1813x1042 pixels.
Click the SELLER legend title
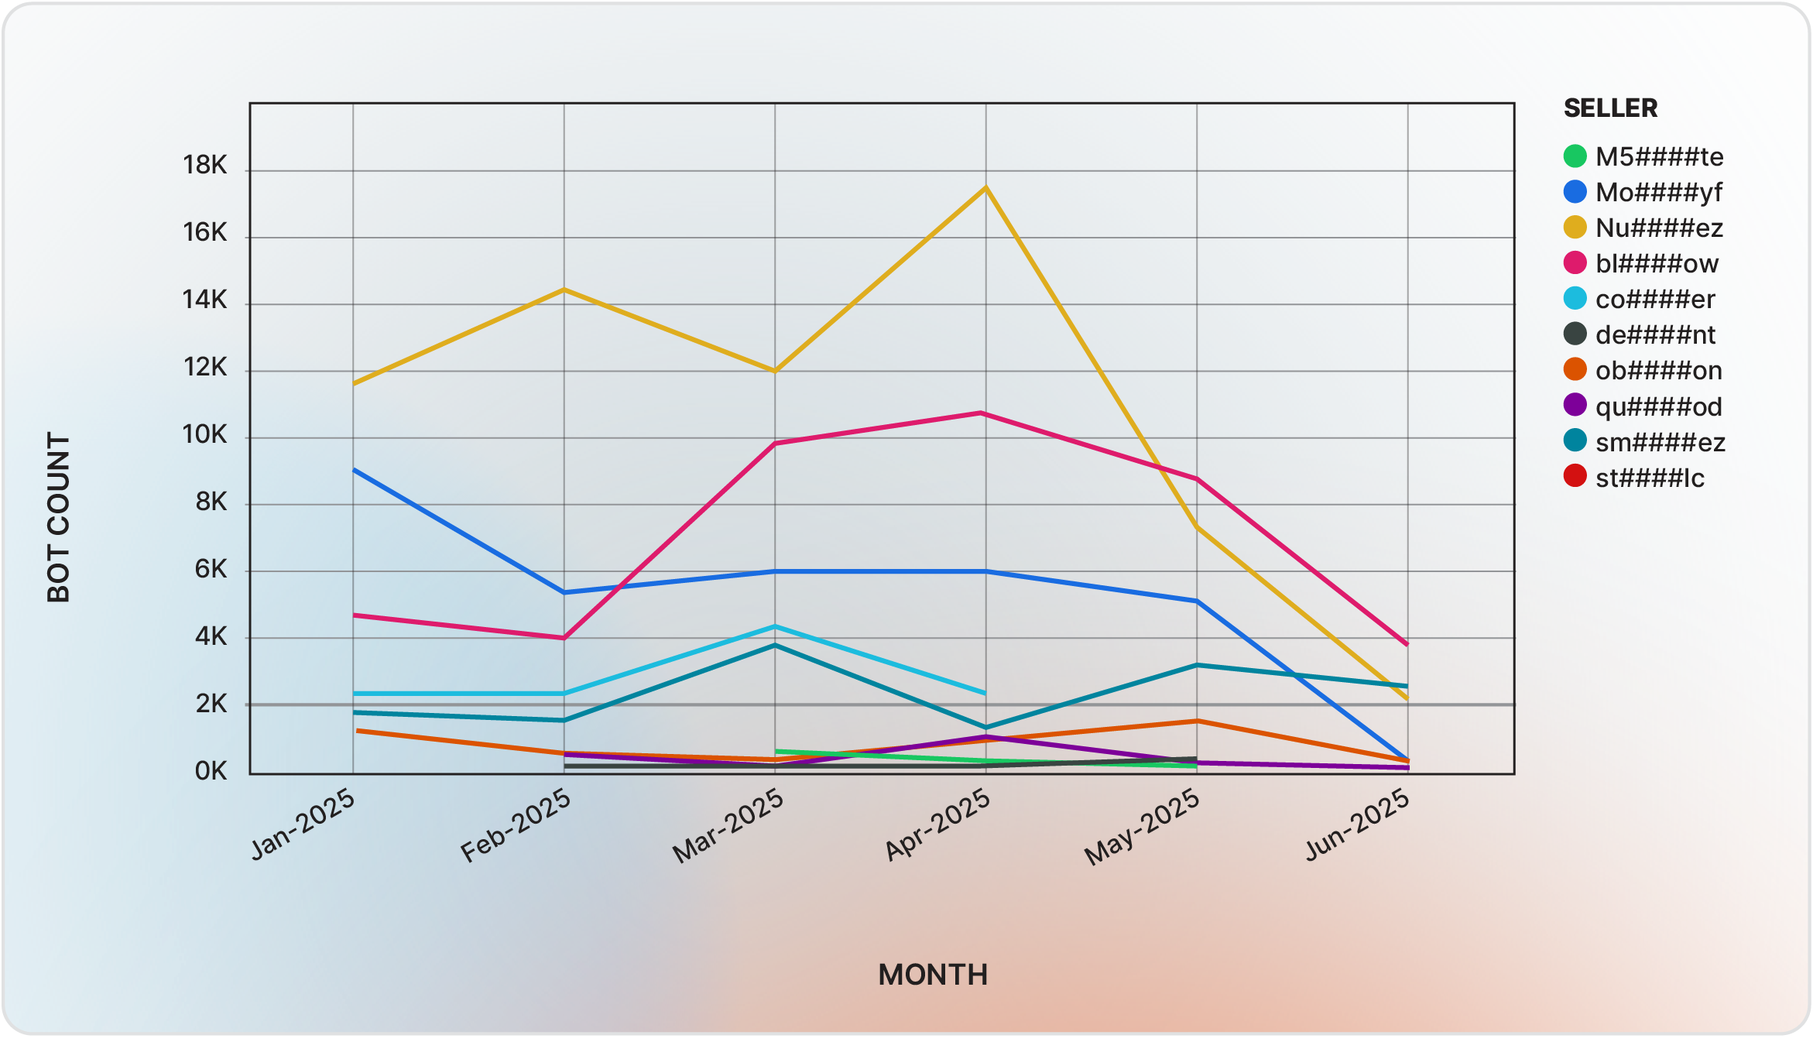[1610, 108]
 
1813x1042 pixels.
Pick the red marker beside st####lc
[1575, 476]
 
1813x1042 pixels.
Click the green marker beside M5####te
[1575, 156]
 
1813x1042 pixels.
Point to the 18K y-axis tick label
[205, 165]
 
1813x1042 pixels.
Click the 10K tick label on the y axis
[205, 435]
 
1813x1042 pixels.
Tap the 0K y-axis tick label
[211, 771]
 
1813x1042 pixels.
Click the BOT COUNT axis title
[59, 517]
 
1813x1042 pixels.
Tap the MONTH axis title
[933, 975]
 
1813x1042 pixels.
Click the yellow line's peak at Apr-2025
[985, 187]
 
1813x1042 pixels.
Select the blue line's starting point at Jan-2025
[354, 470]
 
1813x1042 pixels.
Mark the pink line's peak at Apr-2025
[982, 413]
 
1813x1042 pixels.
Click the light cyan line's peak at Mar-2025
[775, 626]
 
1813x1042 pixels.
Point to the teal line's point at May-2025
[1197, 665]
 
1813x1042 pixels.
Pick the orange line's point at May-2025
[1197, 722]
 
